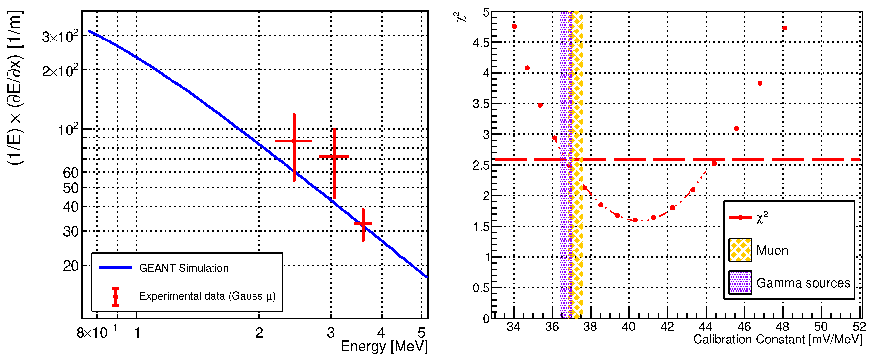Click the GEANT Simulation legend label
184,268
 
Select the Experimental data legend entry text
207,296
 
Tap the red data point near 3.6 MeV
363,224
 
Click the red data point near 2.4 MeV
294,141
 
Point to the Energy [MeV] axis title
384,347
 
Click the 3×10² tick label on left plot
60,37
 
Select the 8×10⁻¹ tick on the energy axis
96,333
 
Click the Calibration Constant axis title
777,339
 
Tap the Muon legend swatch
740,250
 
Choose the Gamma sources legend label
803,283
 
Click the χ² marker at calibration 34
514,26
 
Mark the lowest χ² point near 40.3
635,220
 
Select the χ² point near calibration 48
785,28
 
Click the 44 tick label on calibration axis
706,327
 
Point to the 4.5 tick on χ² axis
481,43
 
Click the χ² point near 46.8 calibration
760,83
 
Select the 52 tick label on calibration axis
859,327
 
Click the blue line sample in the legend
115,268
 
